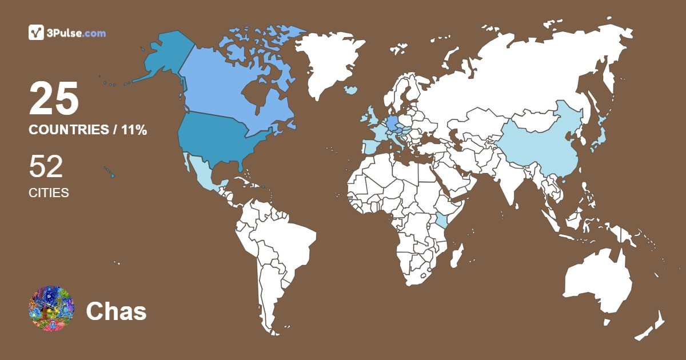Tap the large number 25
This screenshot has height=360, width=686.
[54, 99]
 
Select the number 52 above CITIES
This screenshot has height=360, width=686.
[46, 167]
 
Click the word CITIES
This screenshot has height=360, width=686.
[49, 193]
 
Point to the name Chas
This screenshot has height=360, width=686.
[116, 311]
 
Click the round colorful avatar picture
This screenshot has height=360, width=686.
[51, 309]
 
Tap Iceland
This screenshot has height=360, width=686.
[350, 90]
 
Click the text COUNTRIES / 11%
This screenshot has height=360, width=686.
[88, 130]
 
